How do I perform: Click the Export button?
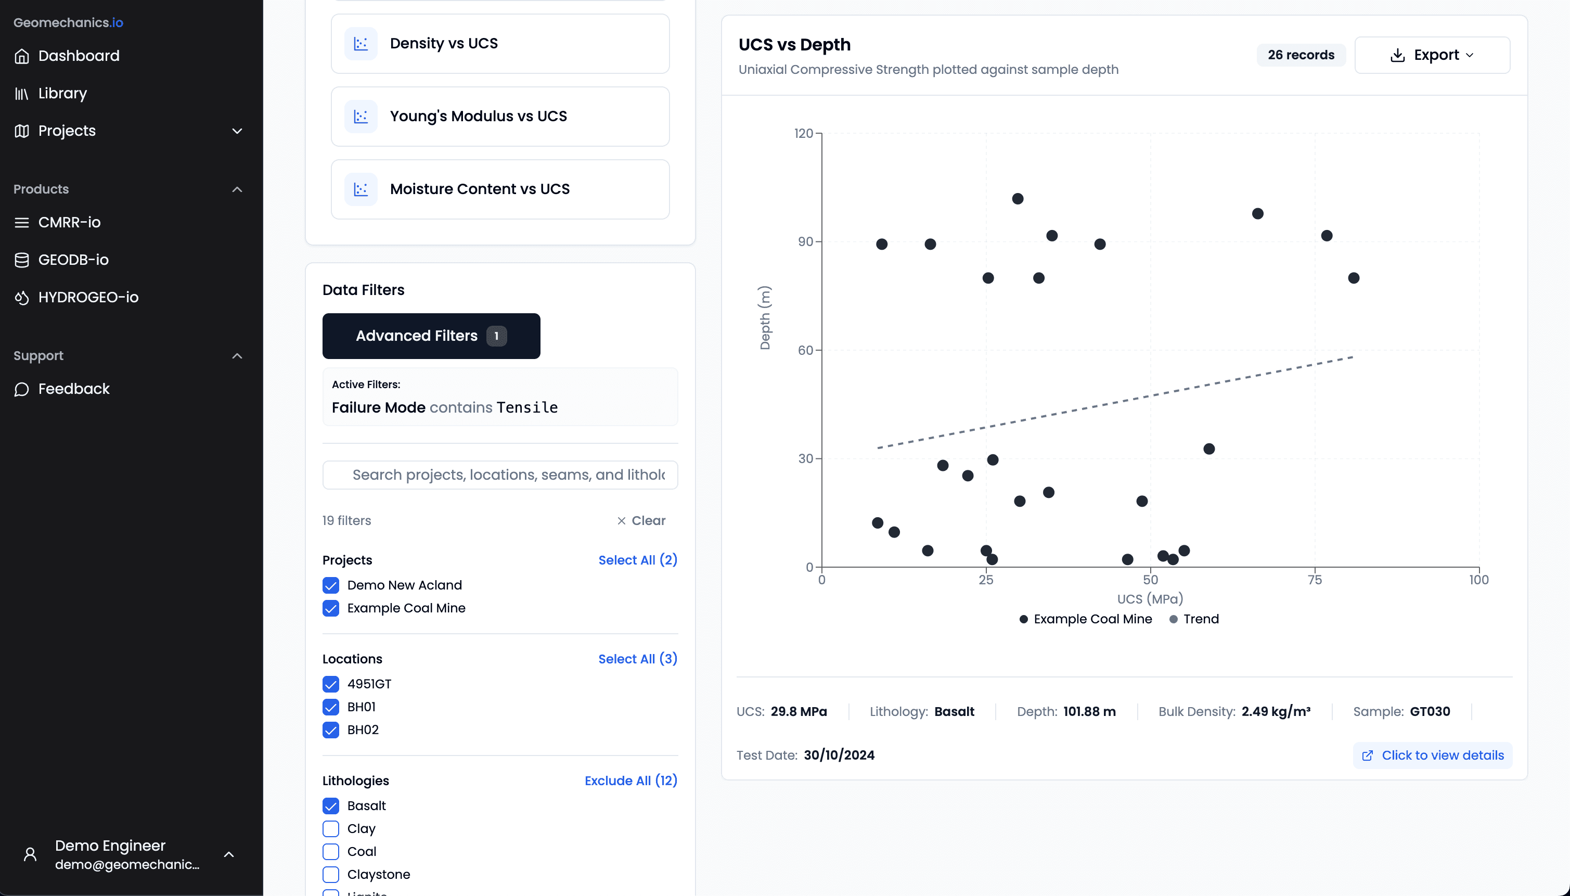pyautogui.click(x=1432, y=55)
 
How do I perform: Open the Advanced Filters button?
pyautogui.click(x=431, y=336)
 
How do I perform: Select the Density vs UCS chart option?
pyautogui.click(x=499, y=44)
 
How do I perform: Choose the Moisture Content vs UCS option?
pyautogui.click(x=499, y=189)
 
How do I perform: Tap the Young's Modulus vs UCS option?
pyautogui.click(x=499, y=117)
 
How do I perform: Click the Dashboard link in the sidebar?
pyautogui.click(x=78, y=56)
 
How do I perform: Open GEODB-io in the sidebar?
pyautogui.click(x=73, y=260)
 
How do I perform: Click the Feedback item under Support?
pyautogui.click(x=74, y=389)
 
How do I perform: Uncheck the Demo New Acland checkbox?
pyautogui.click(x=331, y=585)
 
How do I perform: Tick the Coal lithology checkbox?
pyautogui.click(x=331, y=852)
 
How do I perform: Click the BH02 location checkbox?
pyautogui.click(x=331, y=730)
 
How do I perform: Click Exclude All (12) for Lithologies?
pyautogui.click(x=630, y=780)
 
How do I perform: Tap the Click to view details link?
pyautogui.click(x=1433, y=755)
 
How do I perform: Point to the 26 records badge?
pyautogui.click(x=1301, y=55)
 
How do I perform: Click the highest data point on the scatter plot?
pyautogui.click(x=1018, y=199)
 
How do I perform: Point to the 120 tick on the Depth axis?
pyautogui.click(x=803, y=134)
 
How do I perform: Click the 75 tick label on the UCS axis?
pyautogui.click(x=1315, y=580)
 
